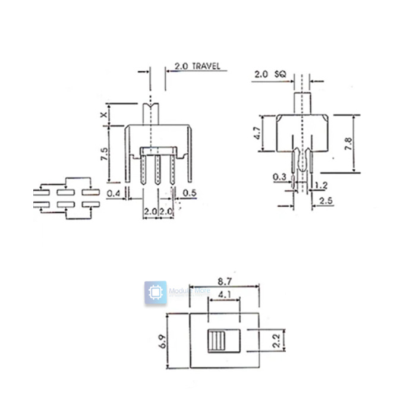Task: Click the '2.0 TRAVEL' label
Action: coord(197,67)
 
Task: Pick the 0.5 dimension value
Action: coord(190,193)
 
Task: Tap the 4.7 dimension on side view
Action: coord(257,133)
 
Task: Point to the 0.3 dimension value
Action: coord(280,177)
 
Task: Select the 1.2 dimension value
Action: coord(321,185)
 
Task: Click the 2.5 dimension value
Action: coord(325,201)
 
